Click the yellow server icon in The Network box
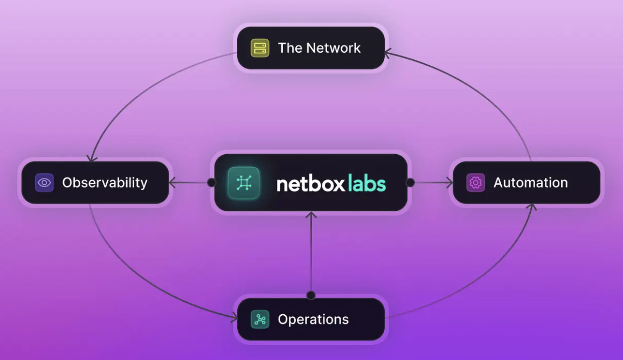tap(260, 48)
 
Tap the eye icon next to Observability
tap(44, 183)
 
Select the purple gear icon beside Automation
tap(475, 183)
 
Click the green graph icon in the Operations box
tap(260, 320)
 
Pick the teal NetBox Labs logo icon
tap(244, 183)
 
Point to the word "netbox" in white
tap(310, 183)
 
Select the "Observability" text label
tap(105, 183)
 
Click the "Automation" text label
tap(530, 183)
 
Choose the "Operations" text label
tap(313, 320)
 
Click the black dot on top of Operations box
tap(311, 295)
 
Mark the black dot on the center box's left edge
tap(211, 183)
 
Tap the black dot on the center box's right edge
tap(410, 183)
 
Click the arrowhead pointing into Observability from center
tap(173, 183)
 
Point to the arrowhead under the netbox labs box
tap(311, 216)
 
